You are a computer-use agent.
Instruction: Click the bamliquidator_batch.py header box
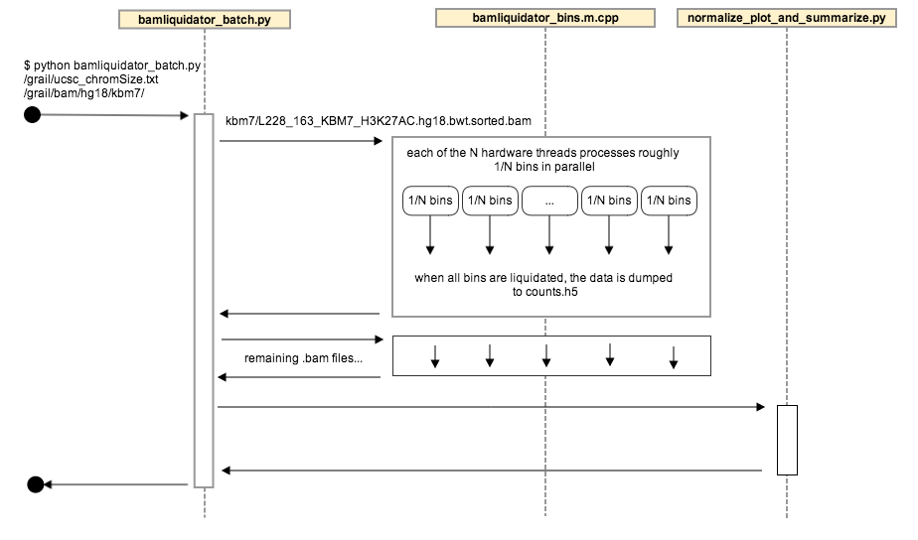click(x=205, y=19)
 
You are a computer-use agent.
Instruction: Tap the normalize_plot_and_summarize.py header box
click(x=786, y=18)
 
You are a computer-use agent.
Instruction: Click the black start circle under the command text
click(x=32, y=115)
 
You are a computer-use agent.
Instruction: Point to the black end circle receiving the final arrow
click(x=35, y=484)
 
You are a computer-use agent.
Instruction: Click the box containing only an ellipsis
click(x=549, y=201)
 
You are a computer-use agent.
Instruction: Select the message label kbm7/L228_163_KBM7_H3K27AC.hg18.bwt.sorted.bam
click(x=378, y=121)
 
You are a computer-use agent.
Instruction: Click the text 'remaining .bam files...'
click(x=303, y=357)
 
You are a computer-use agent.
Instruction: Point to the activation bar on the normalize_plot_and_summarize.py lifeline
click(x=786, y=439)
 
